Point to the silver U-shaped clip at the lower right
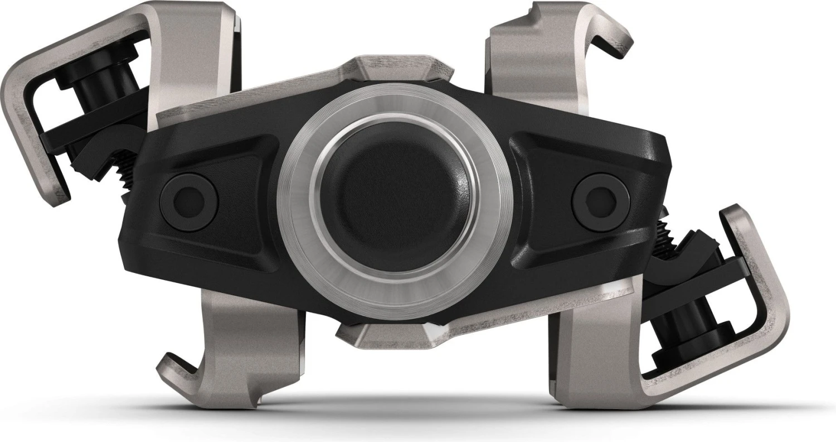(x=769, y=313)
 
